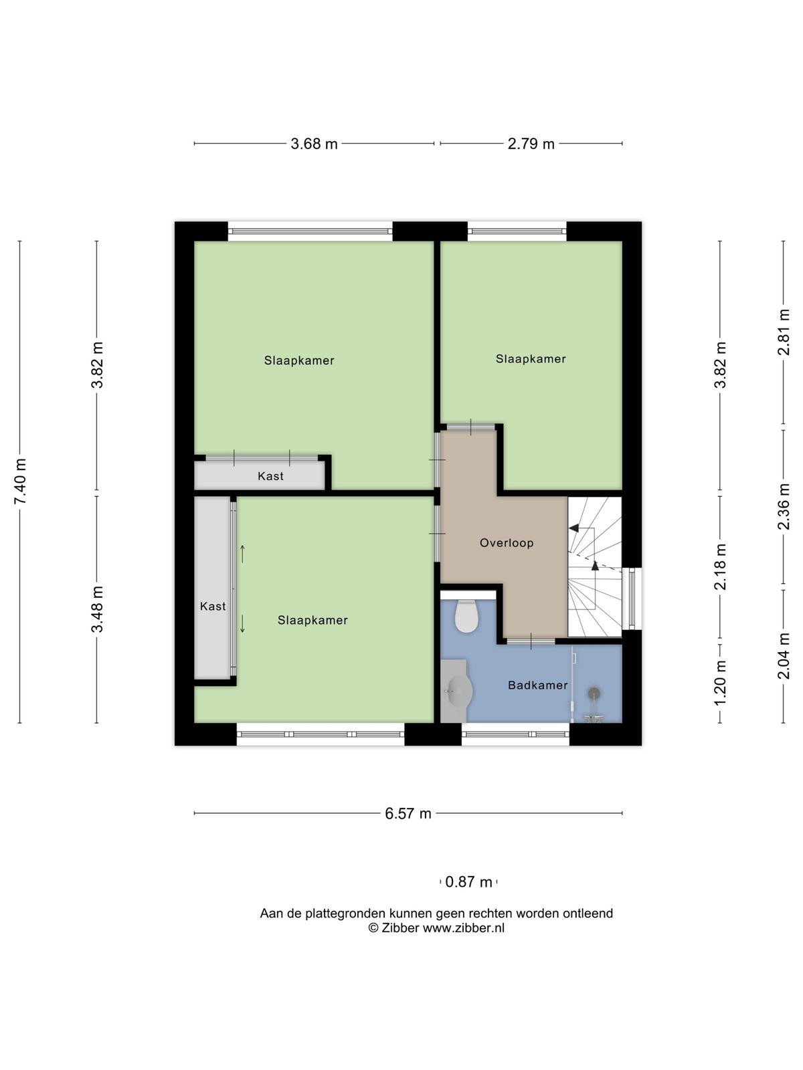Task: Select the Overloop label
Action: pyautogui.click(x=507, y=542)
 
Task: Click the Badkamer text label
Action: pyautogui.click(x=538, y=685)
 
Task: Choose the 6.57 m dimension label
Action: pyautogui.click(x=408, y=813)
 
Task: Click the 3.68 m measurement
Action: pyautogui.click(x=314, y=144)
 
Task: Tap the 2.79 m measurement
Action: pyautogui.click(x=531, y=144)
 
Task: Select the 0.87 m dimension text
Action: pyautogui.click(x=468, y=882)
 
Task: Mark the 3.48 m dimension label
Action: pyautogui.click(x=97, y=609)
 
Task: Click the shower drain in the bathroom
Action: pyautogui.click(x=594, y=691)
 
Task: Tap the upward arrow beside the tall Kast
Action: pyautogui.click(x=242, y=554)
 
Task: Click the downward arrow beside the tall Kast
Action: pyautogui.click(x=242, y=624)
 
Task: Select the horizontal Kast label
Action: pyautogui.click(x=270, y=475)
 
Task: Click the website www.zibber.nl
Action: pyautogui.click(x=463, y=928)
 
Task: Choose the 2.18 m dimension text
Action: pyautogui.click(x=720, y=567)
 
